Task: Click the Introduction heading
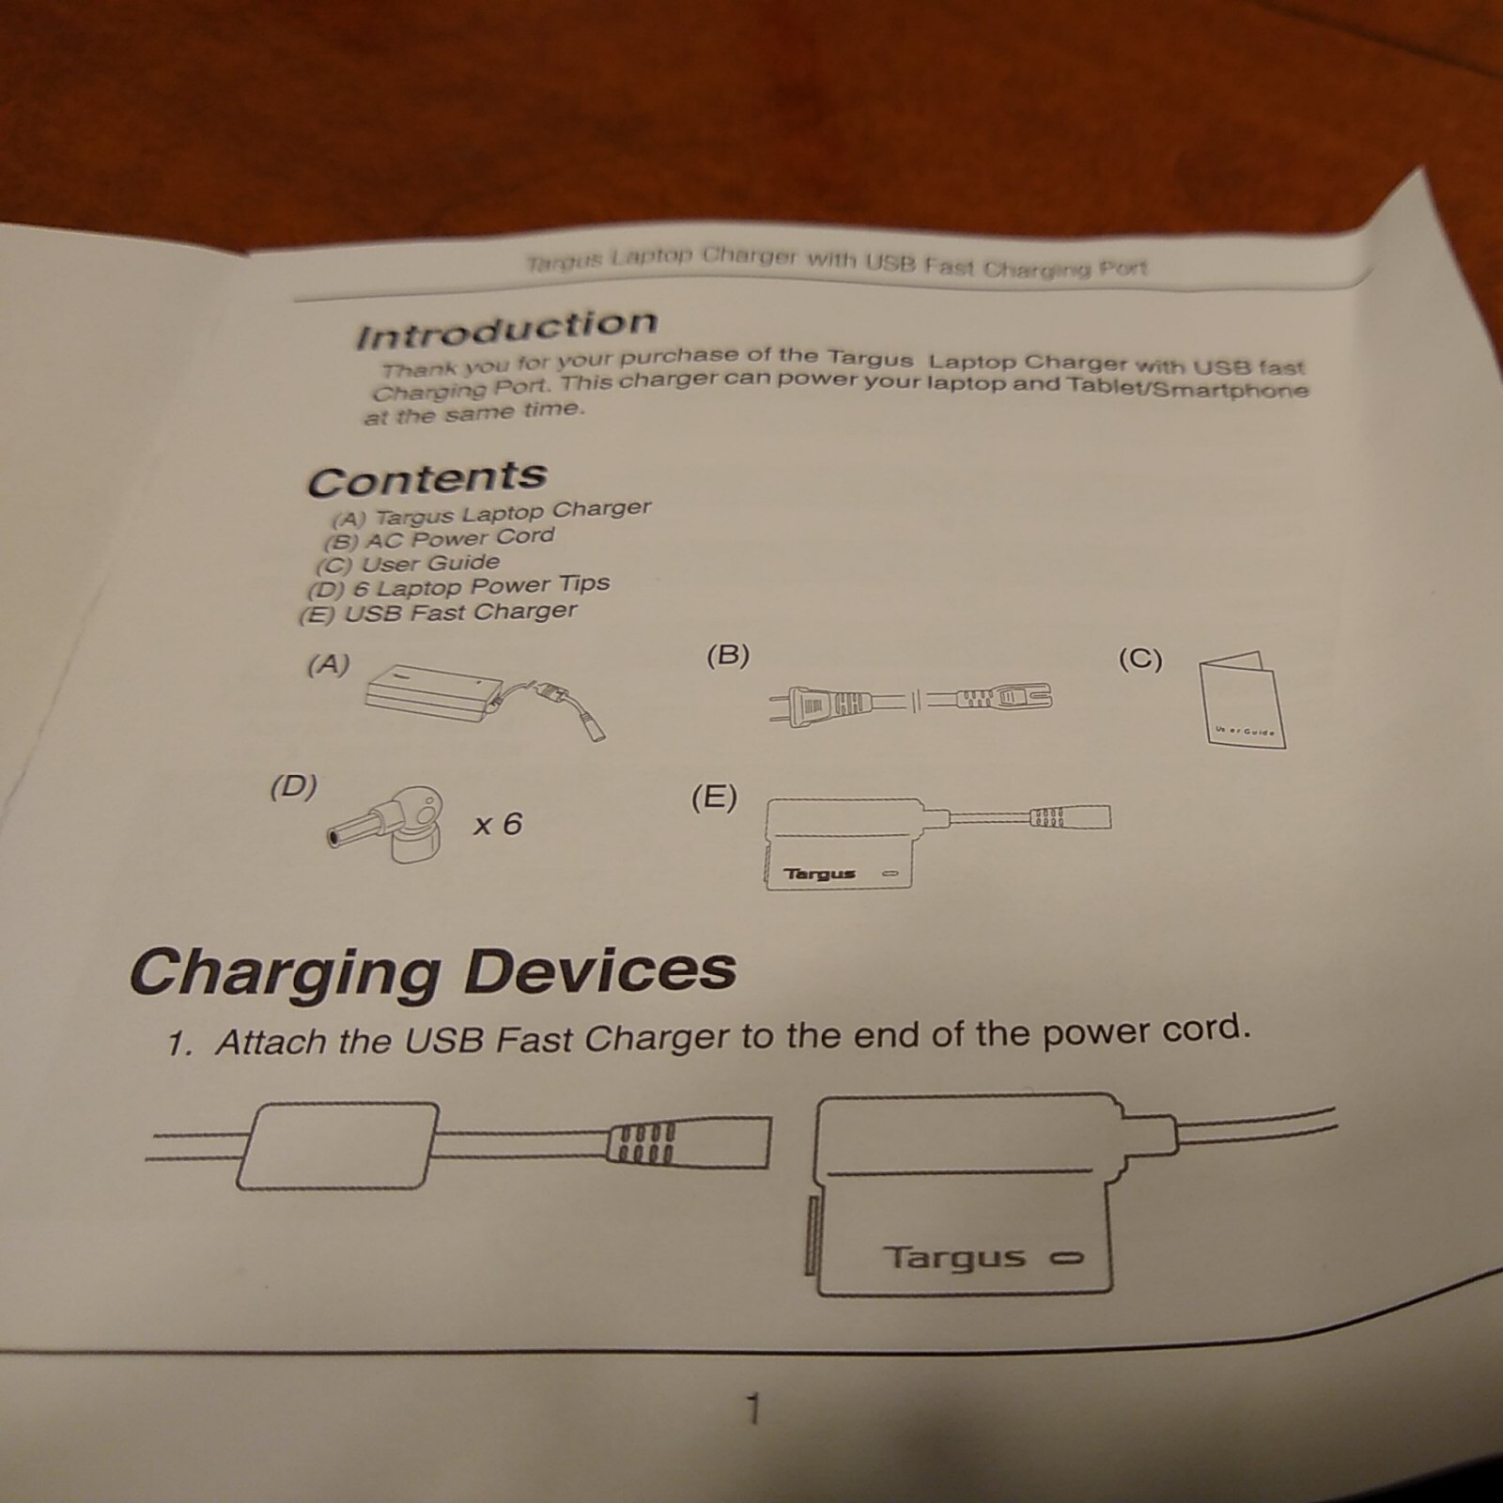pos(506,328)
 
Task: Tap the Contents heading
pos(427,479)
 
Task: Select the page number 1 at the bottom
pos(751,1409)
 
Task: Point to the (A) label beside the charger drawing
pos(329,665)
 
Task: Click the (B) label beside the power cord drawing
pos(728,655)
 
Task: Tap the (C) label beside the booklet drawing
pos(1140,659)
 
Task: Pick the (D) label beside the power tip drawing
pos(294,786)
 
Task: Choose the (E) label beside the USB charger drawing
pos(714,798)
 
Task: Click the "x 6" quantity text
pos(497,825)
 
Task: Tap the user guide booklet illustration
pos(1242,701)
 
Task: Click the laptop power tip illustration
pos(390,827)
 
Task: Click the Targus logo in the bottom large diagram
pos(954,1256)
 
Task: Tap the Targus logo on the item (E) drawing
pos(820,874)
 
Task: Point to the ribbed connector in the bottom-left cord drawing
pos(643,1143)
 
